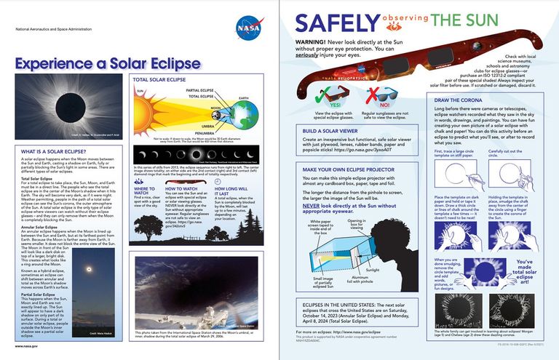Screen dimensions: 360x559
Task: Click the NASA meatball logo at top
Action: click(x=247, y=28)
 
